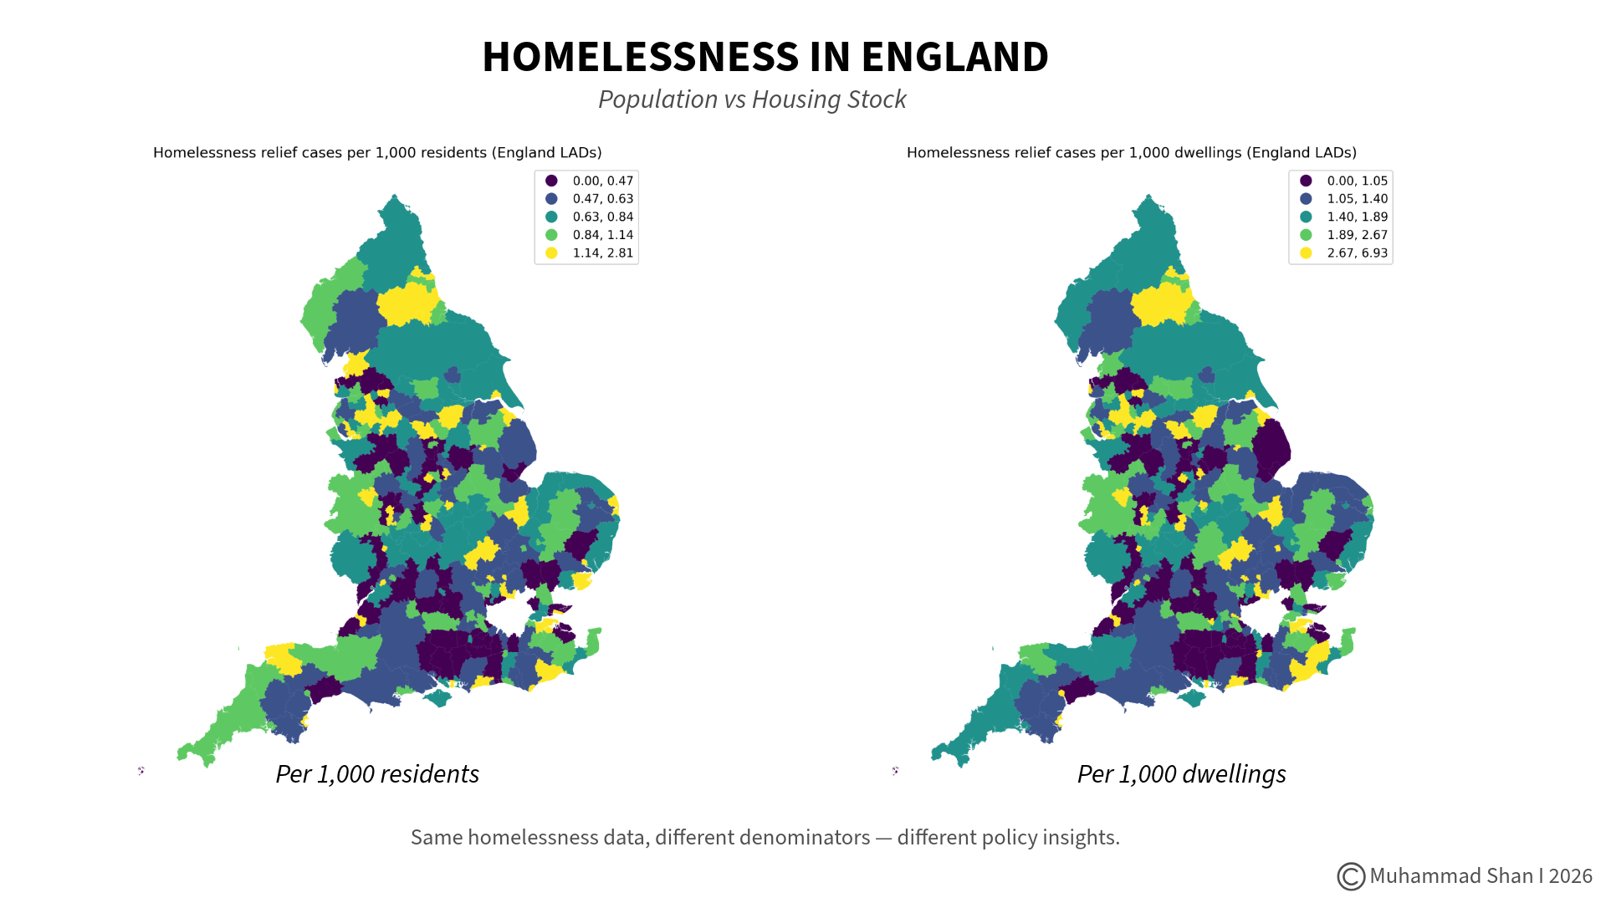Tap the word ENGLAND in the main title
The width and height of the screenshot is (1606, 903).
coord(954,57)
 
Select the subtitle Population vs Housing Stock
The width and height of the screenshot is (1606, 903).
coord(752,99)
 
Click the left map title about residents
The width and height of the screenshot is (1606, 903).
coord(377,152)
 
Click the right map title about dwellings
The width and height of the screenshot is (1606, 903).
coord(1131,152)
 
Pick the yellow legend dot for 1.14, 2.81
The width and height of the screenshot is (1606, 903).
coord(551,253)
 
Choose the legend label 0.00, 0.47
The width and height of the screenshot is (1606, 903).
coord(602,181)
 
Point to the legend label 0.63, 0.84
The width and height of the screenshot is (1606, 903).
coord(602,217)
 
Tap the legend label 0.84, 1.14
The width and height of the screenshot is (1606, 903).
coord(602,235)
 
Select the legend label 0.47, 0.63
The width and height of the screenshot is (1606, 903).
coord(602,199)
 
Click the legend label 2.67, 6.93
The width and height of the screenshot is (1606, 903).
coord(1357,253)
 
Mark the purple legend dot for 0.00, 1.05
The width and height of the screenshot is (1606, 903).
coord(1306,181)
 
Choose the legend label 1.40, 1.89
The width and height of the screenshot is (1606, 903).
coord(1357,217)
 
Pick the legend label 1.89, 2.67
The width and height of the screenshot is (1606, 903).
coord(1357,235)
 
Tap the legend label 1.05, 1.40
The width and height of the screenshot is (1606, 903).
coord(1357,199)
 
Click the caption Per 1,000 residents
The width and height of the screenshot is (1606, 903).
coord(377,774)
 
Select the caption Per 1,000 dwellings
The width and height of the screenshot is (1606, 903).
coord(1181,774)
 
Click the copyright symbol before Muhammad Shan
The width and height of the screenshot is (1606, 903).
coord(1350,876)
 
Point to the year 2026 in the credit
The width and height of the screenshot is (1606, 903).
coord(1570,876)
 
